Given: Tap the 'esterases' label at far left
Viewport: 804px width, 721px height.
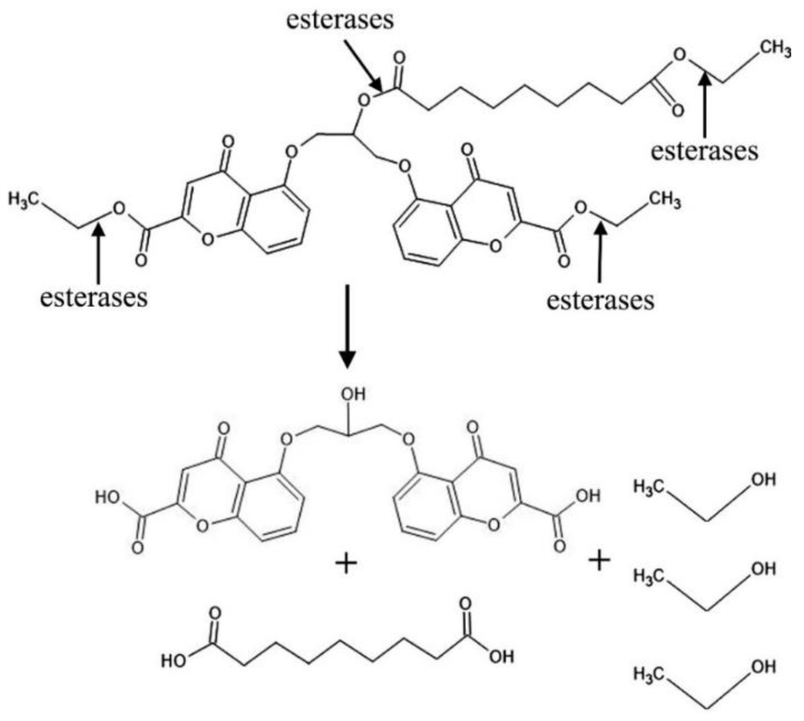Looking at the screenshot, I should point(94,298).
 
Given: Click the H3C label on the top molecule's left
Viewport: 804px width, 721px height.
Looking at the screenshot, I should point(24,198).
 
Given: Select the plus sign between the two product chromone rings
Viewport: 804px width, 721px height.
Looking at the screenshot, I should point(346,564).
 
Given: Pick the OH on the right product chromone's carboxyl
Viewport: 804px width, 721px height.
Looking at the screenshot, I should point(588,496).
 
